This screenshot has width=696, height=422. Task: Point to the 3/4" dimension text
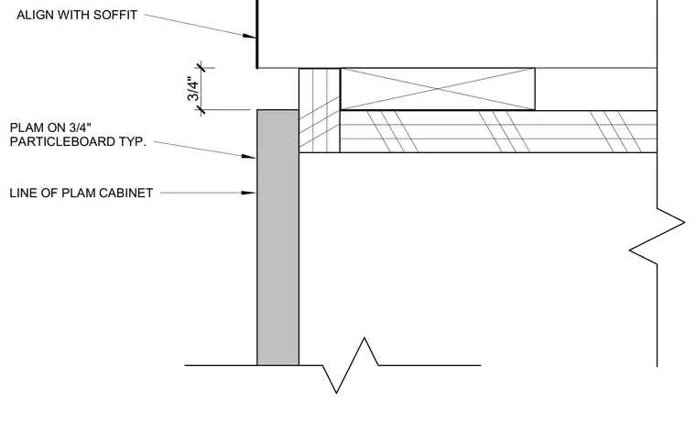pos(193,89)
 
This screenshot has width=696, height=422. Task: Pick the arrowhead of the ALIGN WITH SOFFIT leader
pos(249,36)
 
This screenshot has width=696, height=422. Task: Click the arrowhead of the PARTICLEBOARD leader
pos(248,157)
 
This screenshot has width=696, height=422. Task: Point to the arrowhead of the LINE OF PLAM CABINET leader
pos(248,193)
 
